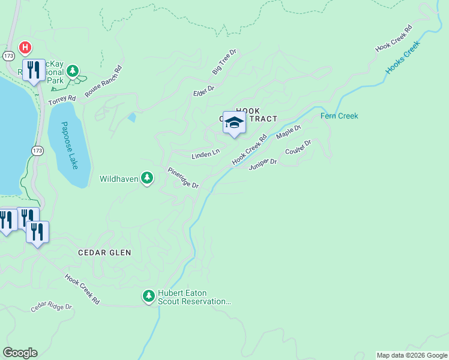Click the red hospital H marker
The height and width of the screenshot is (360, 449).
pos(25,47)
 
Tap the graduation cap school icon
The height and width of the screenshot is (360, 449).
pos(234,122)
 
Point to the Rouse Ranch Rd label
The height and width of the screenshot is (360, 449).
pos(103,82)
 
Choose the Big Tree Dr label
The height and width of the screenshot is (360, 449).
pos(224,62)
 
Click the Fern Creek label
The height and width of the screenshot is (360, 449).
pos(339,116)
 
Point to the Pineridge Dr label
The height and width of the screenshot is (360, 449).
pos(182,178)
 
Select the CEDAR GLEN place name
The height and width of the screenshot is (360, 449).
pos(104,253)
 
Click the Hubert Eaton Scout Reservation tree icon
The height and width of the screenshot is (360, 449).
pos(148,296)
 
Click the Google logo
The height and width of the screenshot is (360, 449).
pos(20,353)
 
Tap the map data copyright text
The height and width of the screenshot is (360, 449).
pos(412,355)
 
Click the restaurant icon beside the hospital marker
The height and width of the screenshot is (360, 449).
pos(34,70)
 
